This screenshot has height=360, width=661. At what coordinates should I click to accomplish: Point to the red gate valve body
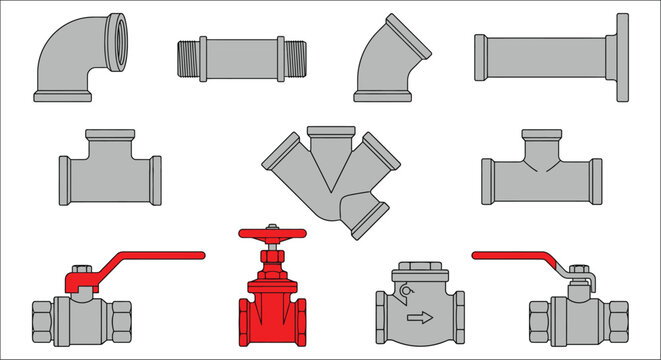click(x=270, y=310)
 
